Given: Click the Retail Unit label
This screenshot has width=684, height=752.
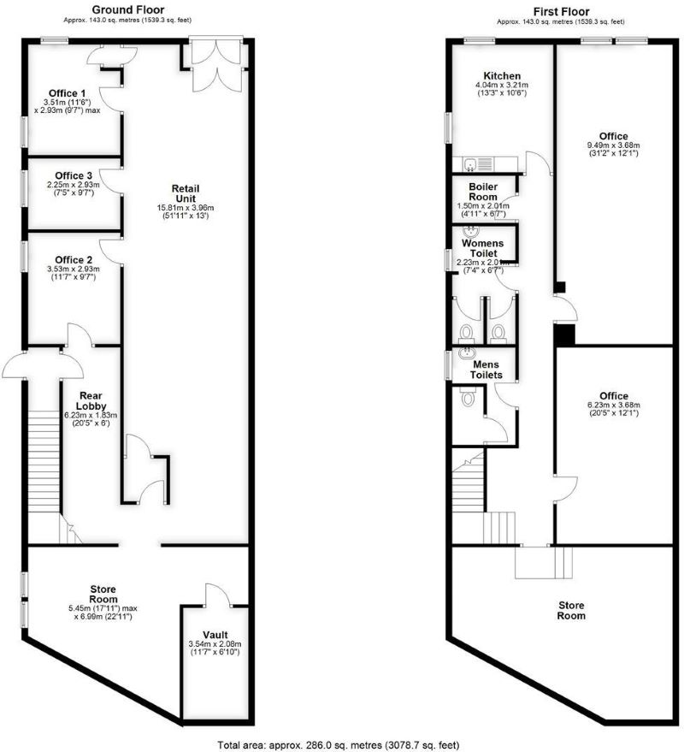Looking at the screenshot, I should (x=191, y=193).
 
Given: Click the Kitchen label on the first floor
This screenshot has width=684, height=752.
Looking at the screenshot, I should (x=502, y=75).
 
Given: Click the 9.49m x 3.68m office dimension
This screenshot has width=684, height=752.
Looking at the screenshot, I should (x=613, y=145).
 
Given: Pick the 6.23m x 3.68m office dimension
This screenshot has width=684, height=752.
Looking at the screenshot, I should (x=613, y=405).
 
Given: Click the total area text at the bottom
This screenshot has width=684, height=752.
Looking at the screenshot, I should (x=342, y=743).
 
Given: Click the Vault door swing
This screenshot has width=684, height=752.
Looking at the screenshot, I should (x=215, y=594).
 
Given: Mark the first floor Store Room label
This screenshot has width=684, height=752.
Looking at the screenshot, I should (x=571, y=609).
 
